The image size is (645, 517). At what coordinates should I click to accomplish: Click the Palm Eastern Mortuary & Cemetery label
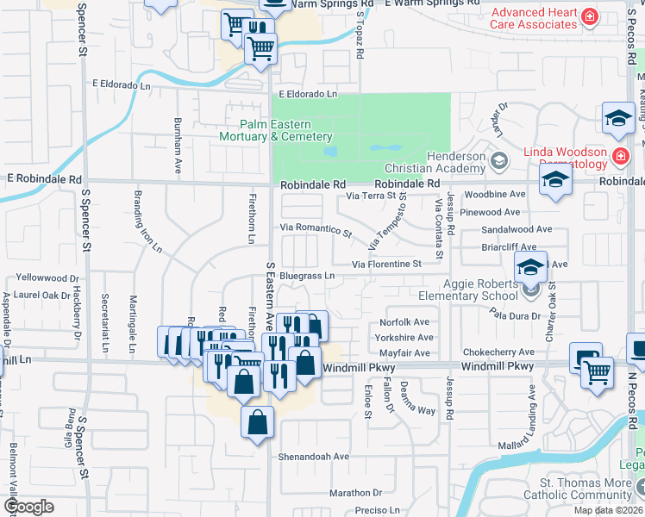pos(275,130)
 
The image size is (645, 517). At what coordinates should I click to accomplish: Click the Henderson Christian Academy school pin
pos(498,161)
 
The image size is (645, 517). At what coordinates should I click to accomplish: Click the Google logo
pos(28,507)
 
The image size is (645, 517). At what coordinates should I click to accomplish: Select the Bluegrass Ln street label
pos(305,276)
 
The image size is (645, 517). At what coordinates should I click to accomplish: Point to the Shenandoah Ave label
pos(313,456)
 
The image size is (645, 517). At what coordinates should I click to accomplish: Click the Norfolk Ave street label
pos(404,322)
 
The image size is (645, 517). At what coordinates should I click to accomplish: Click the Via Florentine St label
pos(385,264)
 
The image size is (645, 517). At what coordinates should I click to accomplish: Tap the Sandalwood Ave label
pos(517,229)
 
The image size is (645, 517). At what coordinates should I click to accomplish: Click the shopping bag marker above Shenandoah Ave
pos(258,423)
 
